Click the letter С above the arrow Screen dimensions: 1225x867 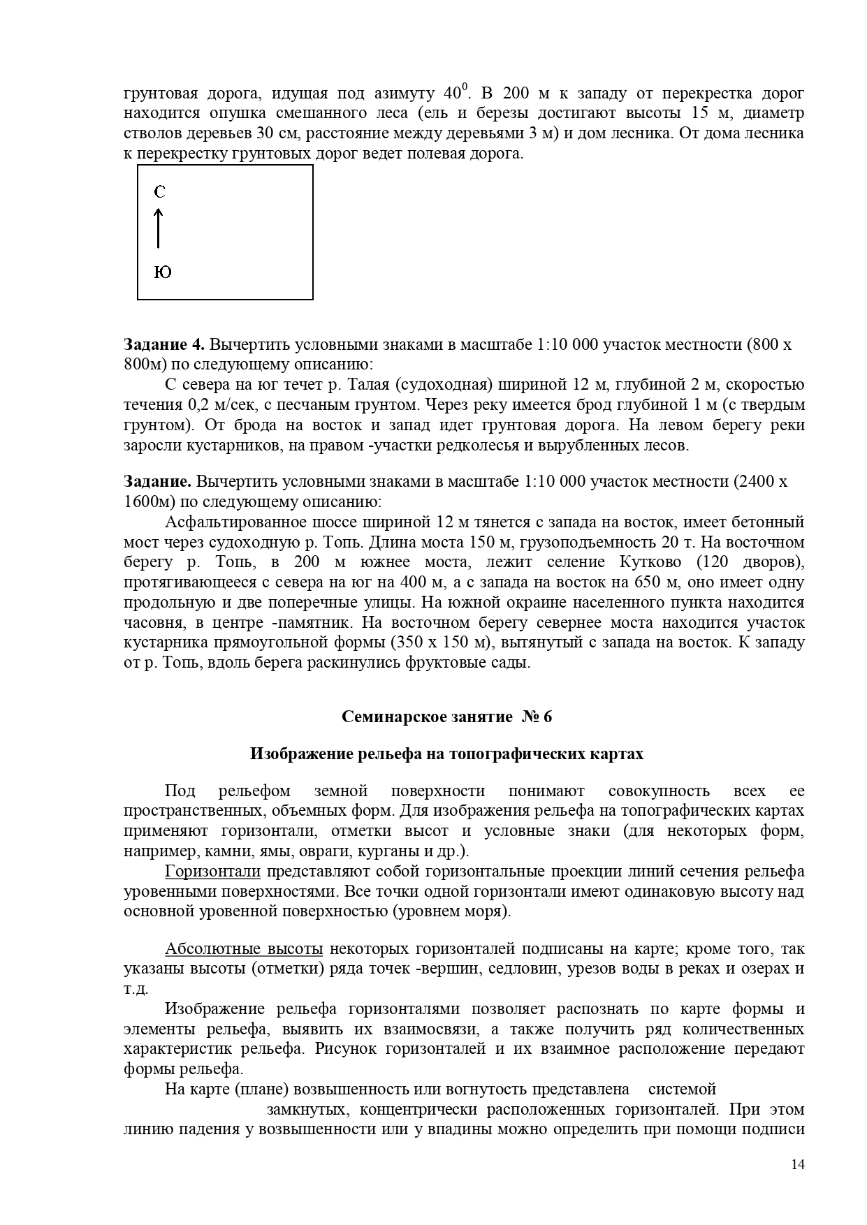click(x=160, y=192)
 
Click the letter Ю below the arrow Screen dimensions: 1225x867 click(x=162, y=272)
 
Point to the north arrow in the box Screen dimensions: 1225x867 click(x=159, y=227)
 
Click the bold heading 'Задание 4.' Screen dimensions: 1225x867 click(x=164, y=344)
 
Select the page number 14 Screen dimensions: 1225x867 click(x=798, y=1164)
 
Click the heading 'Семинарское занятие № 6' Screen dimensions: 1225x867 click(x=446, y=717)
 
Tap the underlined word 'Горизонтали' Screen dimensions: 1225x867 click(x=212, y=871)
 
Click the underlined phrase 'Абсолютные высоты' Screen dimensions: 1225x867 click(x=244, y=948)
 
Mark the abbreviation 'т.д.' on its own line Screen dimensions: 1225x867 click(x=136, y=989)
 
